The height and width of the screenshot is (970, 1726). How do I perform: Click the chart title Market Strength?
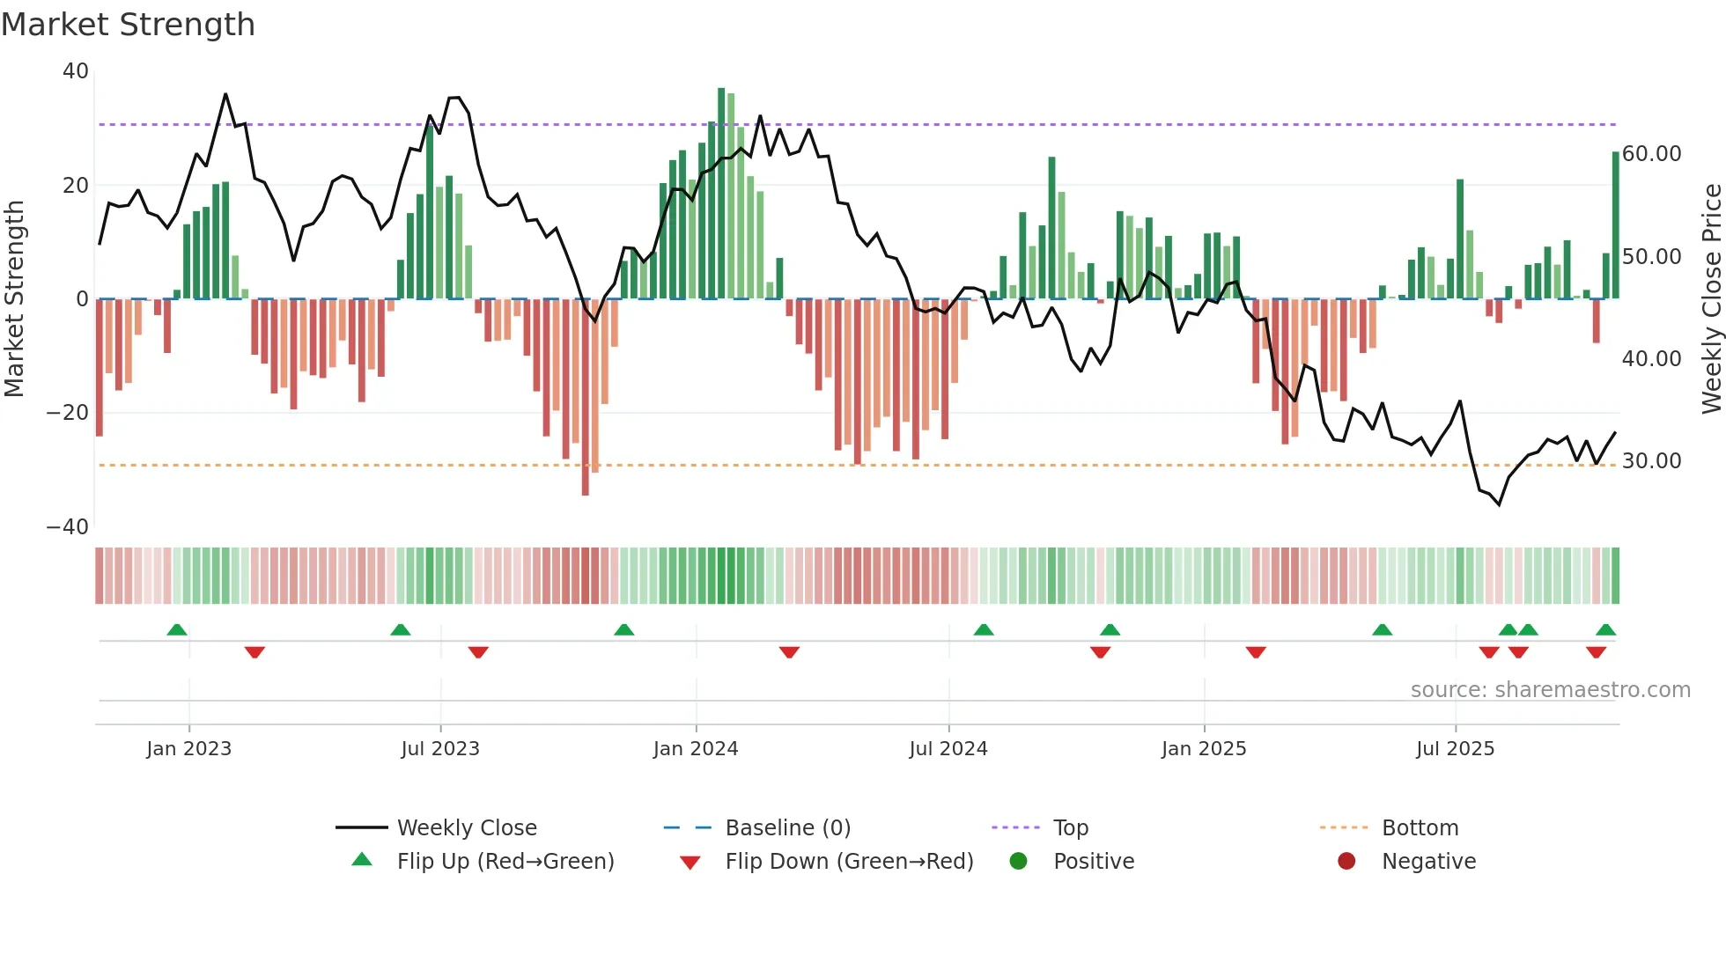[x=128, y=25]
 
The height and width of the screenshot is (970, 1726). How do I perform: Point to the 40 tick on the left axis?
[x=76, y=71]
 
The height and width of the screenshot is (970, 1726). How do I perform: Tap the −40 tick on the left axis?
[x=68, y=527]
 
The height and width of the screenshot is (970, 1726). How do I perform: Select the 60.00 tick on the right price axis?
[x=1651, y=154]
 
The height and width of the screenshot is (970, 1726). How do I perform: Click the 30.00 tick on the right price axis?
[x=1651, y=461]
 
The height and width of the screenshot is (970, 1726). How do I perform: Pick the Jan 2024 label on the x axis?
[x=695, y=749]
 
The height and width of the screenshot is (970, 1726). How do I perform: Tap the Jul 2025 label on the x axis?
[x=1455, y=749]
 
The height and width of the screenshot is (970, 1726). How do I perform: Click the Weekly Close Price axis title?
[x=1711, y=299]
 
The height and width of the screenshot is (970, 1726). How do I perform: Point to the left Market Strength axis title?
[x=14, y=299]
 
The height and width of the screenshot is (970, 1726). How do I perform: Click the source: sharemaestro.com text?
[x=1550, y=690]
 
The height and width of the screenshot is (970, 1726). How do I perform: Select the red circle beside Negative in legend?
[x=1346, y=861]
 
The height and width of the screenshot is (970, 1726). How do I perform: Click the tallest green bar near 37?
[x=721, y=194]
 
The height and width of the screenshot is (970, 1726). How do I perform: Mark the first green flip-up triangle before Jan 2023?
[x=177, y=630]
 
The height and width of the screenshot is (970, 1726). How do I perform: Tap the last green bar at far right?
[x=1616, y=225]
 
